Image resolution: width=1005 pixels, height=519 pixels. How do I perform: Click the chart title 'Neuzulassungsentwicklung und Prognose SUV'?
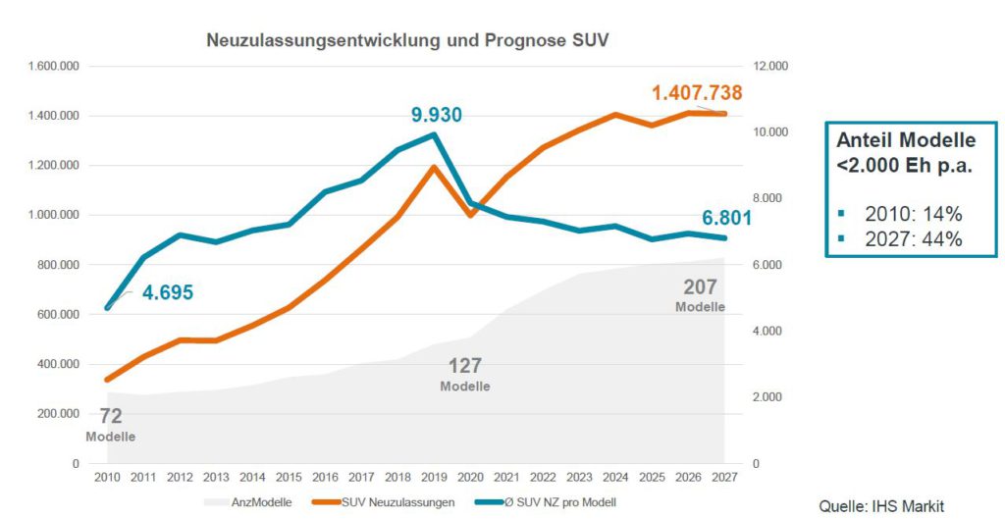click(x=408, y=41)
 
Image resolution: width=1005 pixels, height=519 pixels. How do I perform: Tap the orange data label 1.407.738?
click(x=697, y=94)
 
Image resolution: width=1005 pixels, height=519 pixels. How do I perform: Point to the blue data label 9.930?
click(x=436, y=116)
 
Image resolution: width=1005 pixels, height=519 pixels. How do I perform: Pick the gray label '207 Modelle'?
click(x=700, y=295)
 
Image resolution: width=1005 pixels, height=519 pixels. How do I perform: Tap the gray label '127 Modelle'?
click(x=464, y=375)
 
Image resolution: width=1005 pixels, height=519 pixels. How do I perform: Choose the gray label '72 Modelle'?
click(x=110, y=425)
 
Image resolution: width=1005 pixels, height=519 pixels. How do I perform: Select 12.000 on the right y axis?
click(x=770, y=67)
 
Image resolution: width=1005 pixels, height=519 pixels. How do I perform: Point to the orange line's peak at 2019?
click(x=435, y=167)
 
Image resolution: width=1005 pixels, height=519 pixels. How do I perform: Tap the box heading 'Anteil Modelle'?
click(x=906, y=140)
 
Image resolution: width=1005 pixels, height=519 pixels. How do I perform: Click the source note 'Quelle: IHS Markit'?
click(x=881, y=505)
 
